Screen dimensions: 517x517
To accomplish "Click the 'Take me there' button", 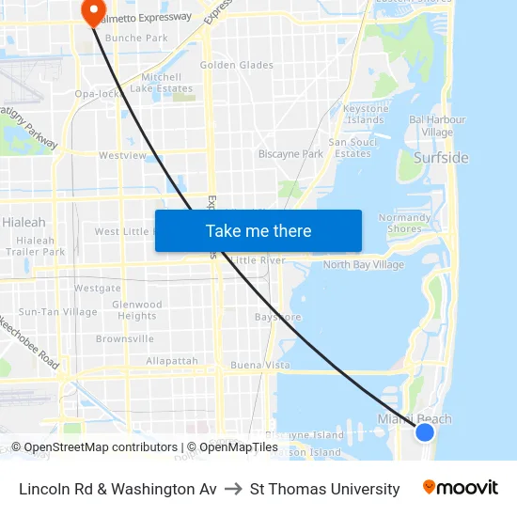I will (x=258, y=230).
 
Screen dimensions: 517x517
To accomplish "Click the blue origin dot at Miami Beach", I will (x=425, y=431).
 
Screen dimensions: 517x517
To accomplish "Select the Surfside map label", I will (x=441, y=158).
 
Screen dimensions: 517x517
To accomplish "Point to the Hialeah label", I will (x=23, y=223).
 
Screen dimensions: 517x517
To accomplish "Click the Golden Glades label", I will (x=237, y=65).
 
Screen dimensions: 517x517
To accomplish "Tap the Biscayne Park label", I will (x=290, y=153).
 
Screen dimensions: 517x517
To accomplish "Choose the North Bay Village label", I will (x=363, y=265).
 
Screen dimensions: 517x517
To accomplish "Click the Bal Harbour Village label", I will (x=437, y=126).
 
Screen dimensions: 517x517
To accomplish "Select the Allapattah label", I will (x=172, y=361).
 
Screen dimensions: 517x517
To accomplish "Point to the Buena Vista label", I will (x=260, y=365).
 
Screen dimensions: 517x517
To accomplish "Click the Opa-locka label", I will (x=98, y=95).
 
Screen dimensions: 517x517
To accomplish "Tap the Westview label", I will (x=122, y=155).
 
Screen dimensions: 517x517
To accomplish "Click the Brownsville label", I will (x=124, y=338).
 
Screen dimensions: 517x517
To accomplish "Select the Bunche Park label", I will (x=136, y=39).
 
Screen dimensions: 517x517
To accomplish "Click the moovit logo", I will (x=461, y=488).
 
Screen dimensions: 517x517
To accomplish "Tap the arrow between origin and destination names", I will (x=233, y=489).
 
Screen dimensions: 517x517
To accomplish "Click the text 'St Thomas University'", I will (x=324, y=489).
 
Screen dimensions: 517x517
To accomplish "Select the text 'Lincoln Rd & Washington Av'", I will (x=117, y=489).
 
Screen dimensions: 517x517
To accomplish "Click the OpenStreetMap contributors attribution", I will (x=94, y=447).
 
